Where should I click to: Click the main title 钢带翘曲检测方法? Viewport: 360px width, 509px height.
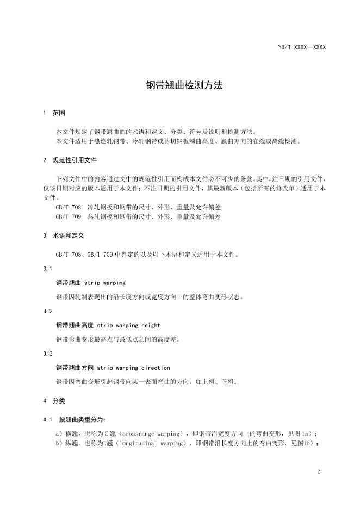pyautogui.click(x=179, y=85)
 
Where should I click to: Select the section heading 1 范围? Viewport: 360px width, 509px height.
pyautogui.click(x=54, y=113)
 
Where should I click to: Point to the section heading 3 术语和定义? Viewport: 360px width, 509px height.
pyautogui.click(x=63, y=236)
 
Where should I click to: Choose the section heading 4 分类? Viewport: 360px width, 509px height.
pyautogui.click(x=54, y=401)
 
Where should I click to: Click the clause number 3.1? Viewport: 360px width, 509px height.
pyautogui.click(x=47, y=269)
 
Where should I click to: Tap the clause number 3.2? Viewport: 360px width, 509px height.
pyautogui.click(x=47, y=311)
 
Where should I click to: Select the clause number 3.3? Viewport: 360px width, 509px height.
pyautogui.click(x=47, y=353)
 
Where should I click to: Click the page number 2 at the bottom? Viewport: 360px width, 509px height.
pyautogui.click(x=318, y=472)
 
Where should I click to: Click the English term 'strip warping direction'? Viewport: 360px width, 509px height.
pyautogui.click(x=133, y=368)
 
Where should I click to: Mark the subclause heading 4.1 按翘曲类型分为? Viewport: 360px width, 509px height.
pyautogui.click(x=75, y=419)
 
